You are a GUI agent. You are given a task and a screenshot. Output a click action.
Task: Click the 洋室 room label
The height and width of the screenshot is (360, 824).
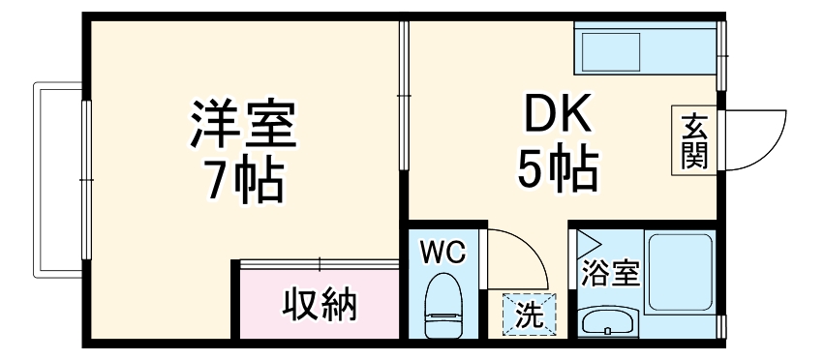[243, 124]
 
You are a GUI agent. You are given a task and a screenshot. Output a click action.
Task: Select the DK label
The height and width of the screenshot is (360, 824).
[558, 113]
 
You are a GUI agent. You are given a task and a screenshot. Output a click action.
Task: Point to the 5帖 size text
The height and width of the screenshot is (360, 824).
[558, 168]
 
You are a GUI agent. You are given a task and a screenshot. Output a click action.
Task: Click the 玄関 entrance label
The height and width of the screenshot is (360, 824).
[694, 141]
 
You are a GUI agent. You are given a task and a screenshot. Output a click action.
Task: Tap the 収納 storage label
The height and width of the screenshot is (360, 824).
[320, 304]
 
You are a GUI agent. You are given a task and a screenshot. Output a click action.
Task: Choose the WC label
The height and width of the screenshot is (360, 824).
[443, 253]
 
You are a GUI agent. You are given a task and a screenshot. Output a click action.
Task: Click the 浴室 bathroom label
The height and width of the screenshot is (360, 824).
[610, 273]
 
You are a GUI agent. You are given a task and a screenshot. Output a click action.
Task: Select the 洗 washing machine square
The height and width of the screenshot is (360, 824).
[529, 315]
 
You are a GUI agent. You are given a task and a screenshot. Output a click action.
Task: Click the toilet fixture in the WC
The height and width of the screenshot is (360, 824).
[443, 306]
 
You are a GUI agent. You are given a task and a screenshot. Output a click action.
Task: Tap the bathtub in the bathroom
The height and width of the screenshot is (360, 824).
[680, 272]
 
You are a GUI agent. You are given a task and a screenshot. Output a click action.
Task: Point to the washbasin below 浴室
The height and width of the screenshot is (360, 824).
[608, 321]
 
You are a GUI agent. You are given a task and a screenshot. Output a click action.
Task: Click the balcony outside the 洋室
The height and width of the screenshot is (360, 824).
[57, 180]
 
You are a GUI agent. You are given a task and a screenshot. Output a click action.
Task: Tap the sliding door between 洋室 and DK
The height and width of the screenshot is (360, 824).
[404, 95]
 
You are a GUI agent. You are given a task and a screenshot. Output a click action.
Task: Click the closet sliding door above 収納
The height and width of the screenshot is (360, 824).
[320, 264]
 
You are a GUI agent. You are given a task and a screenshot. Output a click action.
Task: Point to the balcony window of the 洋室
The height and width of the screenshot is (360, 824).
[87, 180]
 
